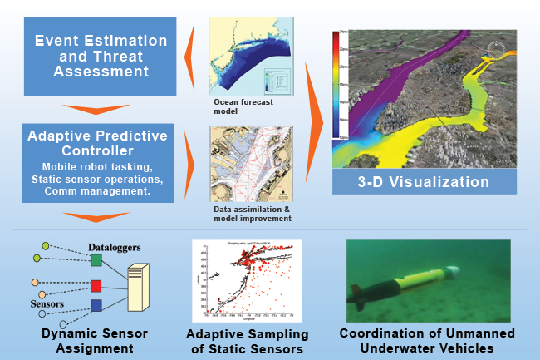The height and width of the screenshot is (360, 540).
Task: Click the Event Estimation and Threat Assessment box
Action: coord(100,57)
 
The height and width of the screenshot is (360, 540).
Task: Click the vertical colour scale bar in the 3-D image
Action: coord(337,83)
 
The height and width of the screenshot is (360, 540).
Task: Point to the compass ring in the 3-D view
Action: coord(497,48)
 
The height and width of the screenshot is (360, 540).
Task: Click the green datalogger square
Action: coord(96,261)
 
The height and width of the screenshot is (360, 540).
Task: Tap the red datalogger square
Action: coord(96,287)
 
